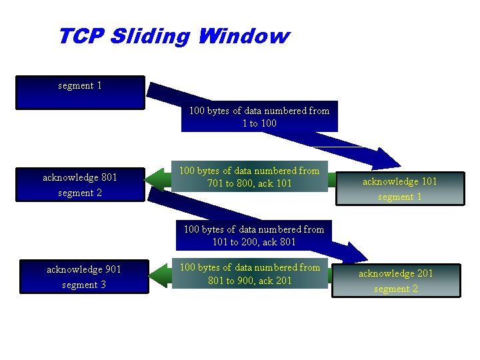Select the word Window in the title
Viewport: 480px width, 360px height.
[243, 36]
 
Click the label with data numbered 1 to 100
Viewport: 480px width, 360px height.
[259, 117]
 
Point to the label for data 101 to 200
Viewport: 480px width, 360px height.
[253, 235]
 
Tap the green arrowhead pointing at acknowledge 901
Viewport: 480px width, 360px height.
[161, 275]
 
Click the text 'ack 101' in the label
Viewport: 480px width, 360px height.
[275, 183]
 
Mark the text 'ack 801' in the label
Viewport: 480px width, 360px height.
[279, 242]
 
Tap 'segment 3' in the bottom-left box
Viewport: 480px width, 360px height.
[84, 285]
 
